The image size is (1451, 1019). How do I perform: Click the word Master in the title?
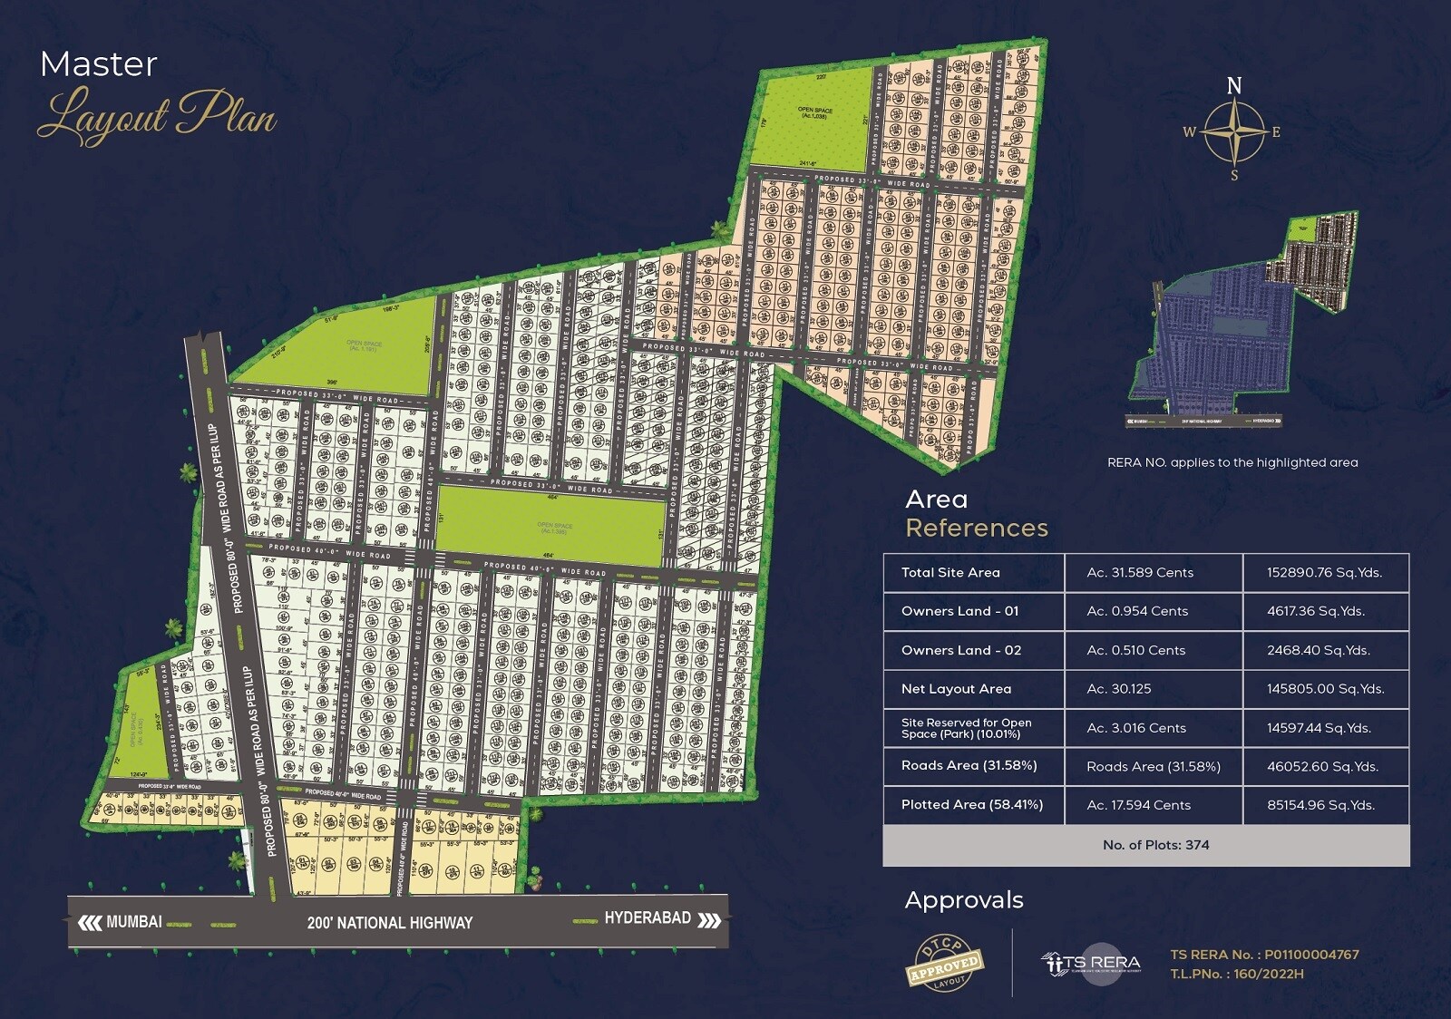click(x=99, y=64)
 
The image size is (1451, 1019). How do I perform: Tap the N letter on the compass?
click(x=1234, y=86)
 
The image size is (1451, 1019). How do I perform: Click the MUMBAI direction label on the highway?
click(x=133, y=922)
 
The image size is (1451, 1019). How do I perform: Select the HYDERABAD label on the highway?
click(x=648, y=918)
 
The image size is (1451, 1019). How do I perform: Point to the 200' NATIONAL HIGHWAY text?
click(x=390, y=923)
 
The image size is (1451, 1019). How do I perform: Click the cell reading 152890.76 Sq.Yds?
click(x=1324, y=573)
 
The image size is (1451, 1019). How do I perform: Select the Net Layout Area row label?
click(x=956, y=689)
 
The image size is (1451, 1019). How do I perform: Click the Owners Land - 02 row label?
click(x=960, y=650)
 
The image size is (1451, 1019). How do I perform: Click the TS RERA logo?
click(x=1091, y=963)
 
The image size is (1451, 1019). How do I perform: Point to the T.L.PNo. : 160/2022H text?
click(x=1236, y=974)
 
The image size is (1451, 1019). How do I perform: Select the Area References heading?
click(x=976, y=513)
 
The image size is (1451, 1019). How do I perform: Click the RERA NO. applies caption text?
click(x=1232, y=462)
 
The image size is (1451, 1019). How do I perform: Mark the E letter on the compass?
click(x=1276, y=132)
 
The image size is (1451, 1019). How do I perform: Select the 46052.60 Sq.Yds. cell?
click(x=1322, y=767)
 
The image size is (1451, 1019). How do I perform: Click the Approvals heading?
click(x=964, y=900)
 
